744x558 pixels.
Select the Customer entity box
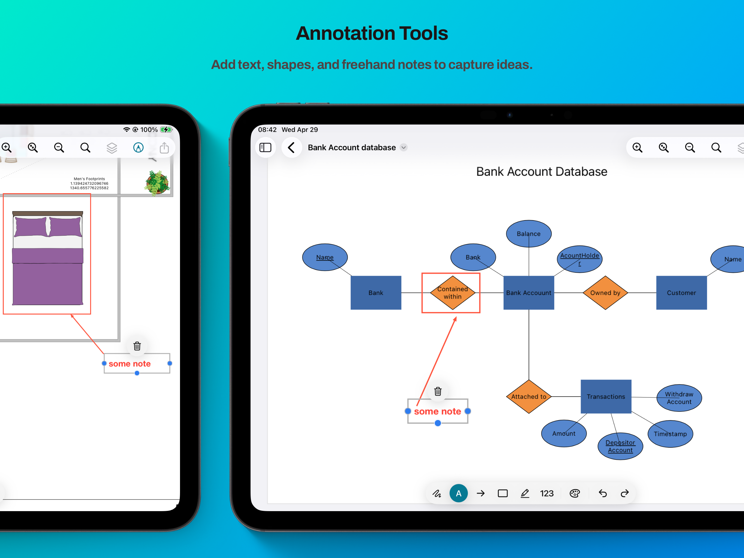(681, 292)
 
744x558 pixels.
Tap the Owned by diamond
(605, 292)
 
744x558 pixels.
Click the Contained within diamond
(452, 292)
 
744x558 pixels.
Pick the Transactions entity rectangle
(606, 396)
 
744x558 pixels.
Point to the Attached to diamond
(529, 396)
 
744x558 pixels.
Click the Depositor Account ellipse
(620, 446)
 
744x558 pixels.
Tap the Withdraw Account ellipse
(679, 398)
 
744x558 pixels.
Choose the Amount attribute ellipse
(564, 433)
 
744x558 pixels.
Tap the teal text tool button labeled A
(458, 493)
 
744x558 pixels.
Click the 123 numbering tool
(547, 493)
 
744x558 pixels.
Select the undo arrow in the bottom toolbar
(602, 493)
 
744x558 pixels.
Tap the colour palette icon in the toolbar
(575, 493)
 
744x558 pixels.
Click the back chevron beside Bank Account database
(291, 147)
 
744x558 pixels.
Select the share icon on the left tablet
(164, 147)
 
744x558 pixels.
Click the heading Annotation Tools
(372, 33)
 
